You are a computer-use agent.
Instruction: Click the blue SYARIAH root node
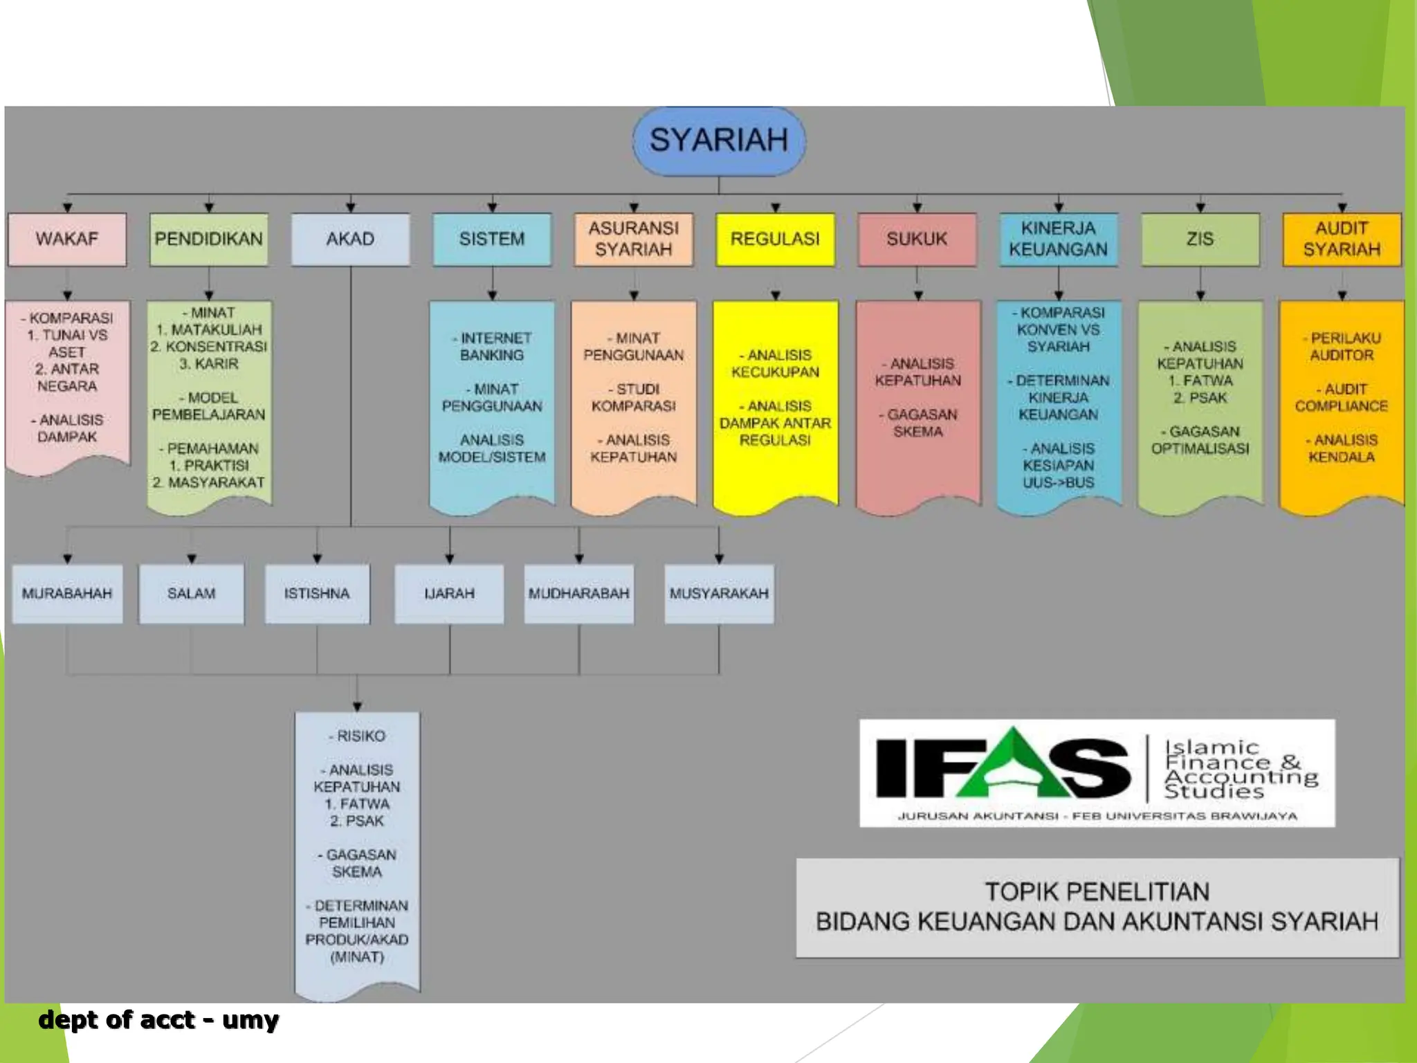coord(718,140)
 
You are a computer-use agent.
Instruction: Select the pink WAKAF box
coord(67,239)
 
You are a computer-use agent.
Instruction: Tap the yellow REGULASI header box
coord(775,239)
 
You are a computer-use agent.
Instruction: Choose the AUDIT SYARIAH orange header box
coord(1341,239)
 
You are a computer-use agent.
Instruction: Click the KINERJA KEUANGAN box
coord(1058,239)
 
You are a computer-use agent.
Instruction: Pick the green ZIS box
coord(1200,239)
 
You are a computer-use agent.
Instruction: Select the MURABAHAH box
coord(67,594)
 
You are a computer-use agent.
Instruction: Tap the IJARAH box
coord(449,594)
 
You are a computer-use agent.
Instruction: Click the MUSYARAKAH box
coord(719,594)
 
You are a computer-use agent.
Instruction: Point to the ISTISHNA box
coord(317,594)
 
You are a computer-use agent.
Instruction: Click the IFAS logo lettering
coord(1003,768)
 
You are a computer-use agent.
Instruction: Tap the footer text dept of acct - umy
coord(158,1019)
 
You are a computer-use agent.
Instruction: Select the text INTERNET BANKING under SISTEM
coord(492,346)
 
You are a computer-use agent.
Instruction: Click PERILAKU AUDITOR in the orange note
coord(1341,346)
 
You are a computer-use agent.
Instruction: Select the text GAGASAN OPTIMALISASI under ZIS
coord(1200,439)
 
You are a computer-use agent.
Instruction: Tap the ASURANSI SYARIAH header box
coord(633,239)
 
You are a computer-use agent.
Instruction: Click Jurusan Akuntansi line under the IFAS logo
coord(1097,816)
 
